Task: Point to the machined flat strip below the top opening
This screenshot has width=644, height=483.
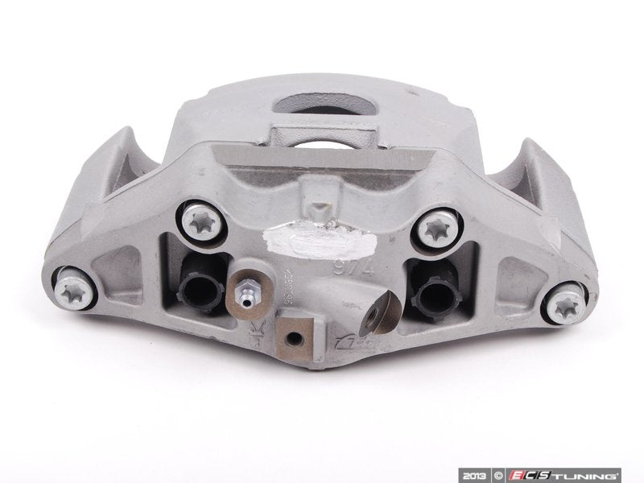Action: pos(318,162)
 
